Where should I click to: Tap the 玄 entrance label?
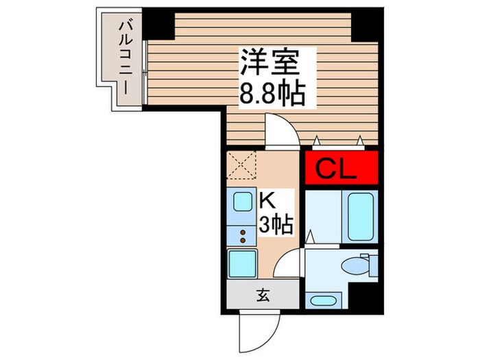coord(263,297)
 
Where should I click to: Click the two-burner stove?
coord(243,236)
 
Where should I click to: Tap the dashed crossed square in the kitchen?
coord(241,165)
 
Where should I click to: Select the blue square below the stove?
coord(242,263)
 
